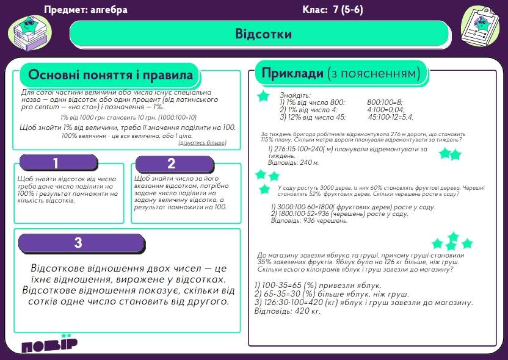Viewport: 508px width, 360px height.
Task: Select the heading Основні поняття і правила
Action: tap(111, 76)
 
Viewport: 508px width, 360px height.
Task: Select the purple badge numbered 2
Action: tap(171, 164)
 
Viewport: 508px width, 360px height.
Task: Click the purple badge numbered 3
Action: tap(78, 243)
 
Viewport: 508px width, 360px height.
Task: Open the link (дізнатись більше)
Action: tap(202, 143)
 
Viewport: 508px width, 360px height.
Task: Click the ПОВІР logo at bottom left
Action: tap(49, 345)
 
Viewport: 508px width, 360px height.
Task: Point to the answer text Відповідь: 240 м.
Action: tap(293, 163)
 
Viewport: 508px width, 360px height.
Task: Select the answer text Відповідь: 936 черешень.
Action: tap(309, 220)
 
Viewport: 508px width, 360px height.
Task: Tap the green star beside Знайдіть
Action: tap(263, 96)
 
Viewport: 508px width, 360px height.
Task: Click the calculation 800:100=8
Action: tap(385, 103)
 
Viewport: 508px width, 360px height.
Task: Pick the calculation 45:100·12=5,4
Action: tap(391, 117)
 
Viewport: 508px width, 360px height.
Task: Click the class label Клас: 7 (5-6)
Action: tap(333, 10)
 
